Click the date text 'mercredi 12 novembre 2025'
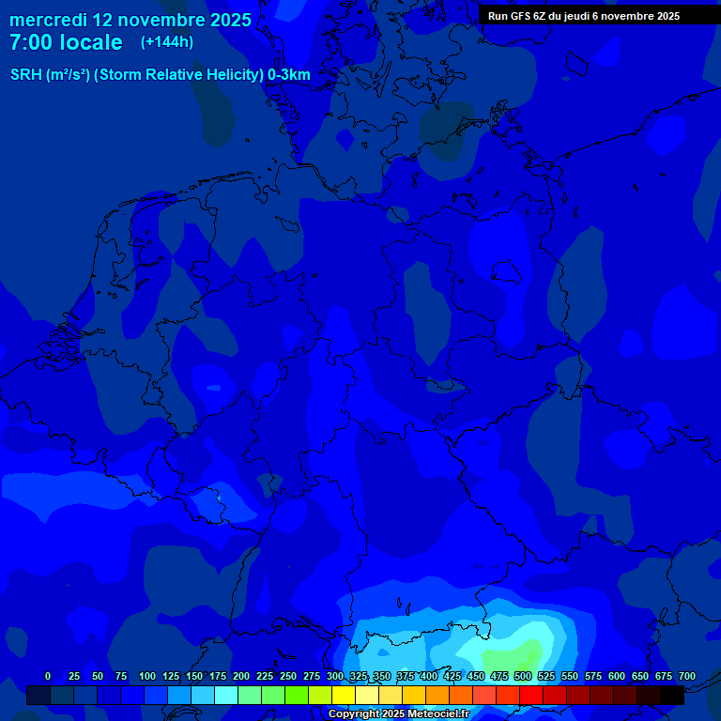coord(130,20)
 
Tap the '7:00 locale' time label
coord(66,42)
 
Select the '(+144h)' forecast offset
coord(166,42)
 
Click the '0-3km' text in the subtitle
coord(289,75)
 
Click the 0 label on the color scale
coord(48,676)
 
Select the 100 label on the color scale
coord(147,676)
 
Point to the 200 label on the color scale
coord(241,676)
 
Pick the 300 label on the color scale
coord(335,676)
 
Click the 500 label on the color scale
coord(523,676)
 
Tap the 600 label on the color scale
coord(617,676)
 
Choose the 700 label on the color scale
coord(687,676)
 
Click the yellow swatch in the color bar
coord(344,695)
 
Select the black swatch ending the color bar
coord(672,695)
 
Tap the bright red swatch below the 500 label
coord(531,695)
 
